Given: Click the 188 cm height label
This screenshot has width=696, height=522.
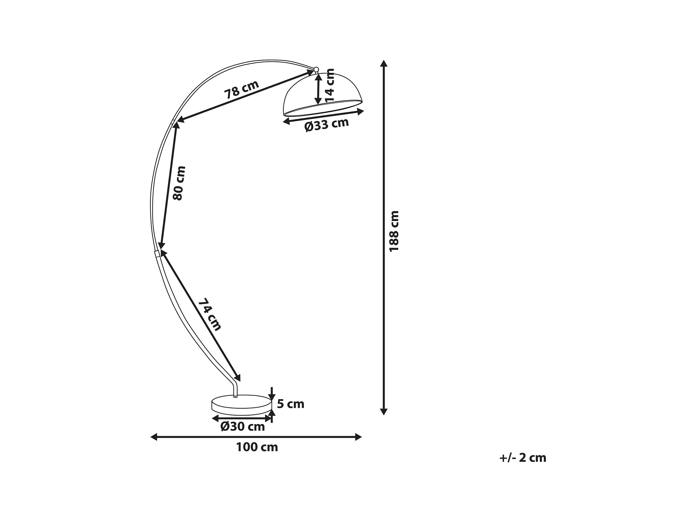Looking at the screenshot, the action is click(394, 231).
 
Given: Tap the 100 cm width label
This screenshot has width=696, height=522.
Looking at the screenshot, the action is click(257, 447).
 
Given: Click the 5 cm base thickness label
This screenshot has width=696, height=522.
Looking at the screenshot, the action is click(291, 404).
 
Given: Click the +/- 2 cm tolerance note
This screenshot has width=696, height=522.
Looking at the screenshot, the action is click(523, 458).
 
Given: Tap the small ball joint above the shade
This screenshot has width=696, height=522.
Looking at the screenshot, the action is click(316, 70).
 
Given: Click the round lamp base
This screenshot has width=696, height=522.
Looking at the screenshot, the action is click(242, 405).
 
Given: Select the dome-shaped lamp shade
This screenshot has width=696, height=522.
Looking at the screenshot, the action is click(323, 94).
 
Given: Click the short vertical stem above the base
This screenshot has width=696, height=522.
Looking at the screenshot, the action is click(235, 391).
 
